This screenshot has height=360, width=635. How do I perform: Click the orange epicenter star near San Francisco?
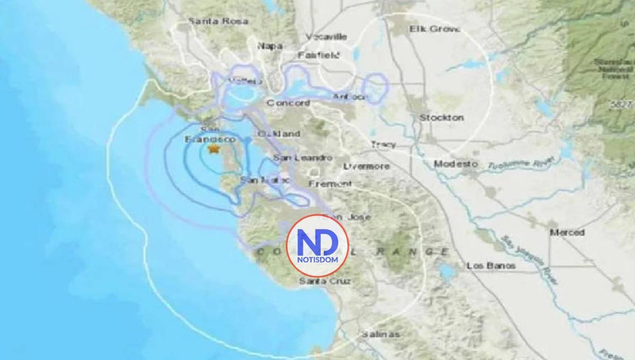pos(213,150)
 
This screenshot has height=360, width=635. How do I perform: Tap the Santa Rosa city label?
pos(211,22)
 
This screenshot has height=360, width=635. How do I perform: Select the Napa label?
pos(269,46)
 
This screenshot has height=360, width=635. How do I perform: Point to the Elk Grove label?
pos(434,29)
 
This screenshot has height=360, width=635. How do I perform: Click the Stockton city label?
pos(441,117)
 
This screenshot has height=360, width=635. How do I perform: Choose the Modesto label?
pos(456,164)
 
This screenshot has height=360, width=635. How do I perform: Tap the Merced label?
pos(567,232)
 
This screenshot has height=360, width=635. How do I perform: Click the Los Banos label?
pos(492,266)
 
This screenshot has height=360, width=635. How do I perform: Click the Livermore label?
pos(366,166)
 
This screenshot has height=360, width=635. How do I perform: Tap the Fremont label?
pos(330,184)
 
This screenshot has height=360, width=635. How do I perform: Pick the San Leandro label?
pos(303,158)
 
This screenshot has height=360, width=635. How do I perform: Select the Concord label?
pos(288,103)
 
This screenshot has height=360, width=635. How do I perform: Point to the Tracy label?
pos(384,144)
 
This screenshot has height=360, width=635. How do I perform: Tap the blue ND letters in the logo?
pos(317,244)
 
